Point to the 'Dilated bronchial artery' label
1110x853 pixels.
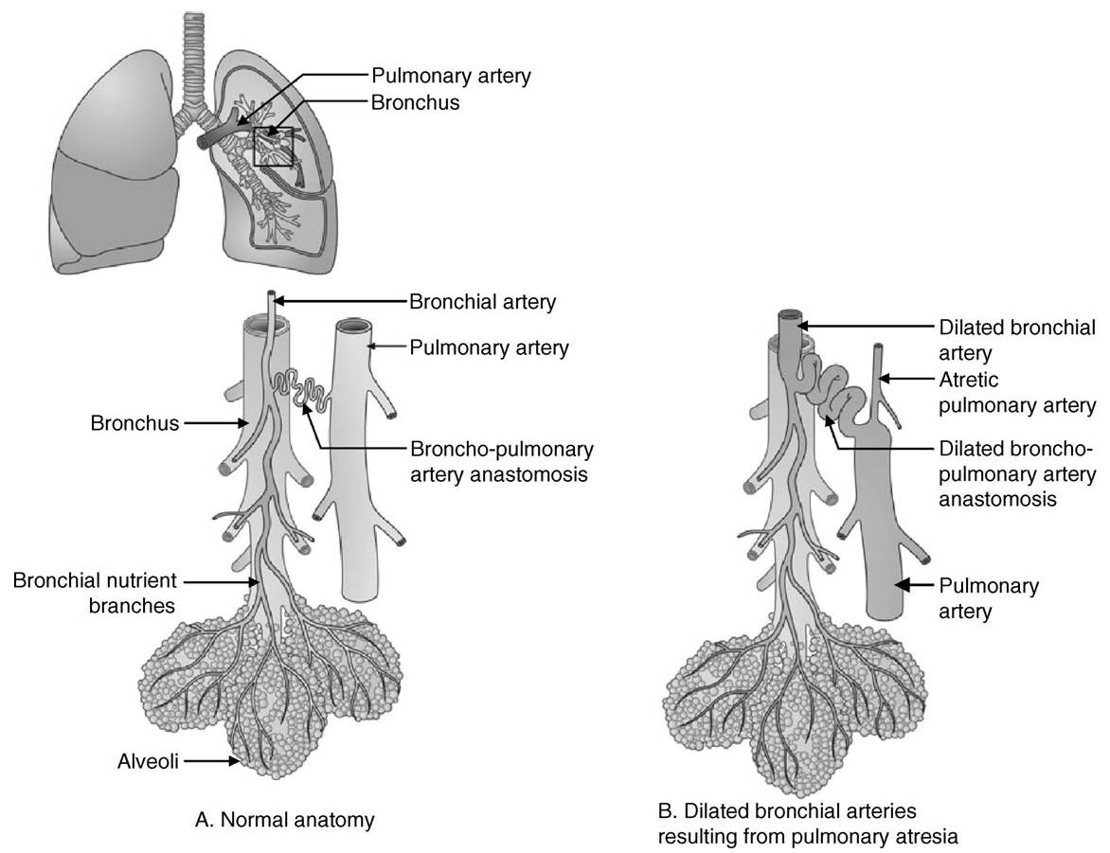(x=1016, y=341)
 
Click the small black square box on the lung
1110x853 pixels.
(x=276, y=147)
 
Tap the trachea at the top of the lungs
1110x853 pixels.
(x=195, y=57)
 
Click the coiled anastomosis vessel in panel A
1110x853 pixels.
(x=303, y=388)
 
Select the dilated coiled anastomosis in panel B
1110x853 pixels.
(x=838, y=398)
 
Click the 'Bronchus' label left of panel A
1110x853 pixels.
(x=134, y=423)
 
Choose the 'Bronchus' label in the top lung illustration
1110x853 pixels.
(x=415, y=102)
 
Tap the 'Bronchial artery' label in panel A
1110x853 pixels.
(x=482, y=302)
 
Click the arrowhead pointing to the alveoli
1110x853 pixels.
(x=233, y=759)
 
